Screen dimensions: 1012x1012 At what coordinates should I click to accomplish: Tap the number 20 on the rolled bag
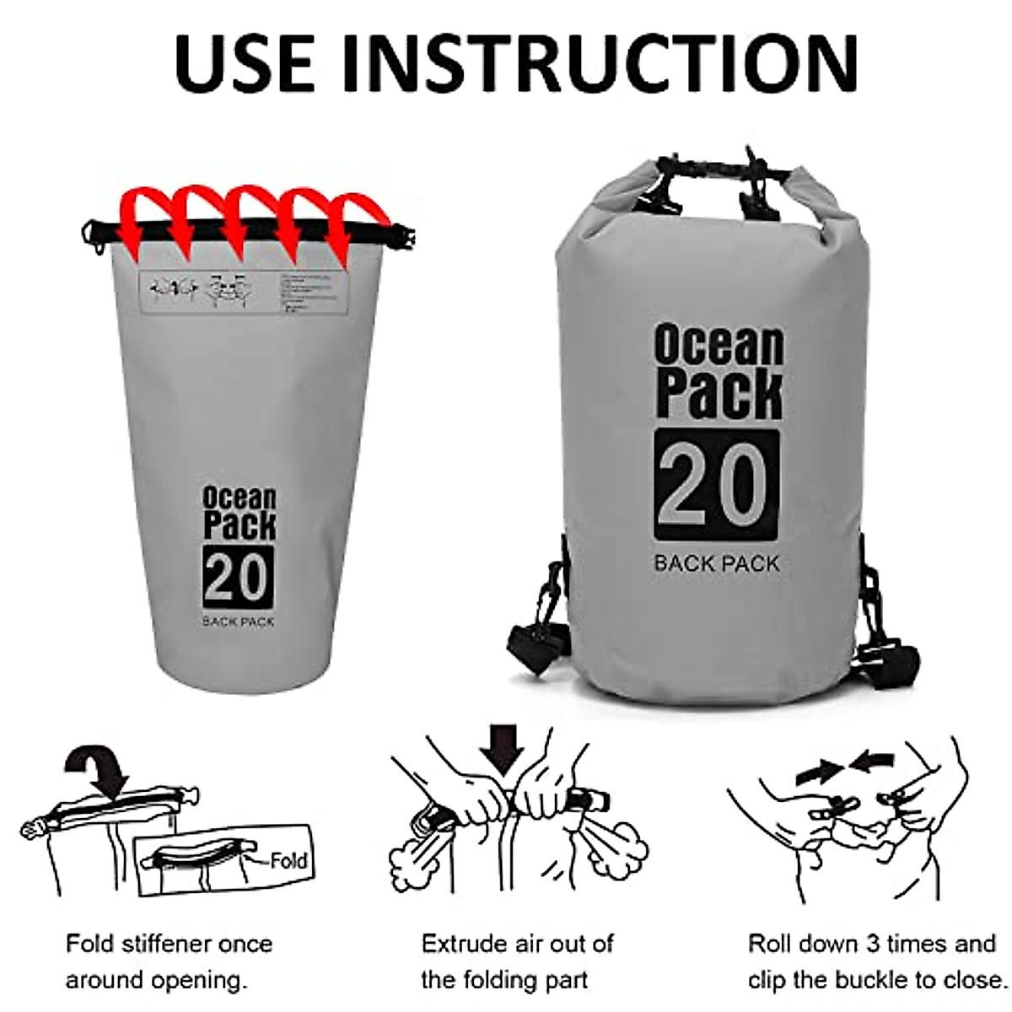click(x=717, y=484)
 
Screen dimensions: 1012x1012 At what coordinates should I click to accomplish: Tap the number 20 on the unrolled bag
click(x=238, y=577)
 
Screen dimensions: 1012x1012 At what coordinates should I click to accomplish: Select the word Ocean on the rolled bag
click(x=719, y=345)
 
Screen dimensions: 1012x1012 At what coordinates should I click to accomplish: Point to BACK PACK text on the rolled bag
click(x=717, y=563)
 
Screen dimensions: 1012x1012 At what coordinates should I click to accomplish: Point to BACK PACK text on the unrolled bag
click(x=238, y=622)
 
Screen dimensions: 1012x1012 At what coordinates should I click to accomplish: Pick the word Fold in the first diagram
click(x=289, y=861)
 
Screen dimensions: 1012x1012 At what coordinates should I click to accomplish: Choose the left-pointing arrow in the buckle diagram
click(x=871, y=762)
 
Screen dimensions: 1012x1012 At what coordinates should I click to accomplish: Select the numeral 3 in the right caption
click(x=875, y=943)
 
